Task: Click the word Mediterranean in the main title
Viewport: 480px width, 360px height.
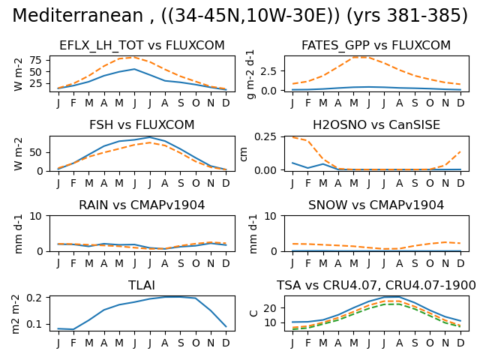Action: (77, 15)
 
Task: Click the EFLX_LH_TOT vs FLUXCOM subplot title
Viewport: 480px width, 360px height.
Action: (142, 45)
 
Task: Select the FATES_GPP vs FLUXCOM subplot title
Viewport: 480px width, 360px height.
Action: (376, 45)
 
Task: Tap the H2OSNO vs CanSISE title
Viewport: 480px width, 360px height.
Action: (376, 125)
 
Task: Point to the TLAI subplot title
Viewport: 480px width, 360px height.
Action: (142, 285)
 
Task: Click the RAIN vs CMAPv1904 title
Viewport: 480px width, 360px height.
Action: (142, 205)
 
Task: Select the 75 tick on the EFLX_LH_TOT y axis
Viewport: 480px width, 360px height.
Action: (35, 60)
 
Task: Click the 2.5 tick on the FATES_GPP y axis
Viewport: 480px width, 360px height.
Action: (268, 71)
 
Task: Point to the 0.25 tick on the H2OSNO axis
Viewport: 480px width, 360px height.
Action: (265, 136)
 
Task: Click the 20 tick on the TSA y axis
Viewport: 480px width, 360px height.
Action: (270, 308)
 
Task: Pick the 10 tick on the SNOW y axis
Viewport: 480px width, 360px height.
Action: (270, 216)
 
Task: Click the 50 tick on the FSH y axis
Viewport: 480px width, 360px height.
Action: (35, 152)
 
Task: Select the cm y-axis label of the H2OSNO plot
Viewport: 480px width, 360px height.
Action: (244, 154)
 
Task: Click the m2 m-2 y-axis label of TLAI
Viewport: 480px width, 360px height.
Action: (15, 313)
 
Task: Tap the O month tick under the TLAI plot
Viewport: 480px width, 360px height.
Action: (196, 343)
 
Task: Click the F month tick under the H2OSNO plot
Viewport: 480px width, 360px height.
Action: (308, 183)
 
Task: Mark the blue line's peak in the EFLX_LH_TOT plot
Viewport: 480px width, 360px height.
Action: (134, 69)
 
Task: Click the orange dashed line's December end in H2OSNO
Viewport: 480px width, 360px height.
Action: (460, 151)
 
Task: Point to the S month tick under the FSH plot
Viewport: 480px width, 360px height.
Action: (181, 183)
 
